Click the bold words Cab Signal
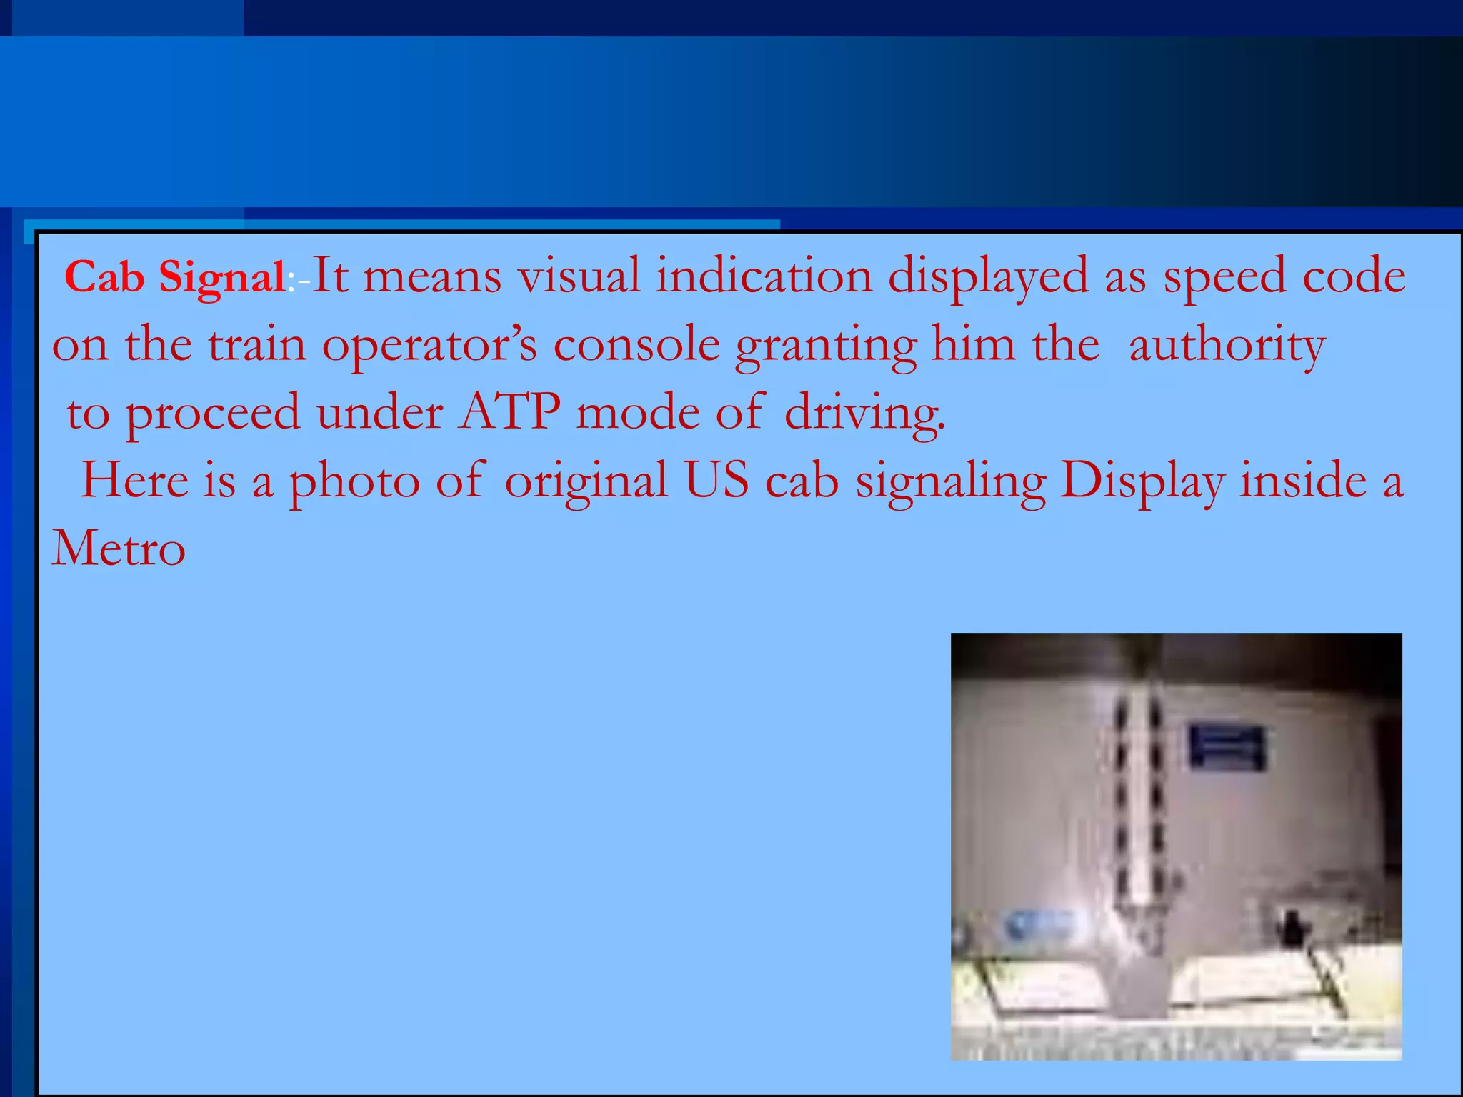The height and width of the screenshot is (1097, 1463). coord(175,277)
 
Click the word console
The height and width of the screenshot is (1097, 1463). coord(636,344)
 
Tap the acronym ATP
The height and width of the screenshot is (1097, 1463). coord(509,413)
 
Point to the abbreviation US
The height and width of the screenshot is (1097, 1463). coord(716,480)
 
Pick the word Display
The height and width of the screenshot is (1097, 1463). coord(1142,481)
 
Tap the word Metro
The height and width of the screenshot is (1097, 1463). coord(119,548)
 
